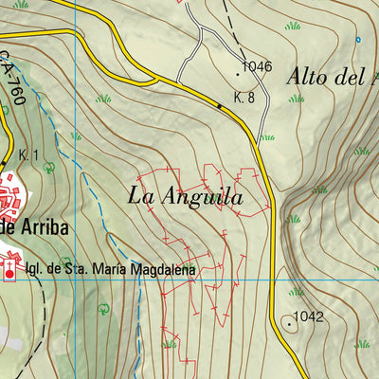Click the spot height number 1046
[x=257, y=66]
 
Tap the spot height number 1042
[x=310, y=316]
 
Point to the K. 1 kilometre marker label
[x=27, y=154]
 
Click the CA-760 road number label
[x=12, y=72]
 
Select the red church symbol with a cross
[x=10, y=273]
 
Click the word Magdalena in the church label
[x=164, y=270]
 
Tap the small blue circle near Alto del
[x=358, y=39]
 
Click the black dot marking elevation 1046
[x=237, y=71]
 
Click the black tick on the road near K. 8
[x=220, y=107]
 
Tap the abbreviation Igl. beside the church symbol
[x=36, y=270]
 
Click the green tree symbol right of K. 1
[x=49, y=167]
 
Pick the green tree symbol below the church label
[x=102, y=308]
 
